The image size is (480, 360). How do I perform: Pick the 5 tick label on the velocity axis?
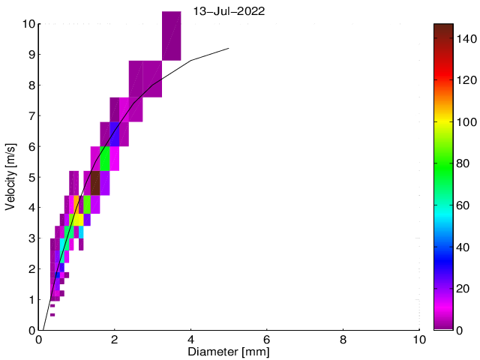pyautogui.click(x=31, y=177)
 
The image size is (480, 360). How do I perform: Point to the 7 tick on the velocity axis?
pyautogui.click(x=31, y=115)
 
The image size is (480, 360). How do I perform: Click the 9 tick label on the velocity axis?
pyautogui.click(x=31, y=54)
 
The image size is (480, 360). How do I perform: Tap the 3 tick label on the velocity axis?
pyautogui.click(x=31, y=238)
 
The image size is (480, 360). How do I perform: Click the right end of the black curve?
pyautogui.click(x=228, y=48)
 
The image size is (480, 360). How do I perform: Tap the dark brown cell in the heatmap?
pyautogui.click(x=95, y=183)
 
